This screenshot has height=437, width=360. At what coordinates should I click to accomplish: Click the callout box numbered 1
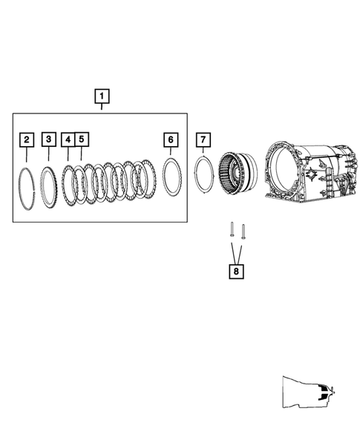102,96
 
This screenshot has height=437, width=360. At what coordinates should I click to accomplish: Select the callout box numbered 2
26,139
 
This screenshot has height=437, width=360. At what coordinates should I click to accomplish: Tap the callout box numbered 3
48,139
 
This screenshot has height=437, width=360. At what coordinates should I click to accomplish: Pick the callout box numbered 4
68,139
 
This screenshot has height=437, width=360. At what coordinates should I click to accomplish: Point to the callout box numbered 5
81,139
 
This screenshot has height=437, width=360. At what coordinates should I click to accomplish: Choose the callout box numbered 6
171,139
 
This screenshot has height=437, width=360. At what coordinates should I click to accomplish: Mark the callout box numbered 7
203,139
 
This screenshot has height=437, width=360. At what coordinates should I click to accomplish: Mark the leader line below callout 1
102,108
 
